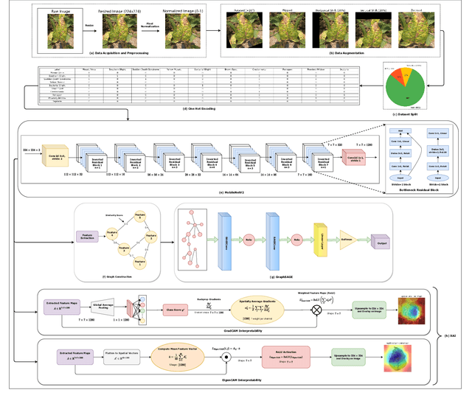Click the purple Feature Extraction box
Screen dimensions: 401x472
tap(87, 239)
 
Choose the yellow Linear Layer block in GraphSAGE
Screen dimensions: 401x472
tap(322, 239)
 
